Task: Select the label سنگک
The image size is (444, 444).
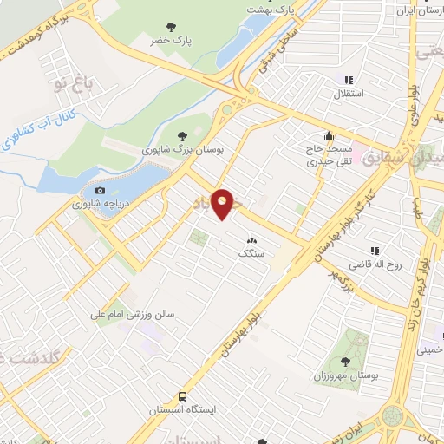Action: click(x=251, y=254)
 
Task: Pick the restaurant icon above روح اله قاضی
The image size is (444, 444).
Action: click(x=375, y=250)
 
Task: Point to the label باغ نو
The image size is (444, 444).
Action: click(x=74, y=83)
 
